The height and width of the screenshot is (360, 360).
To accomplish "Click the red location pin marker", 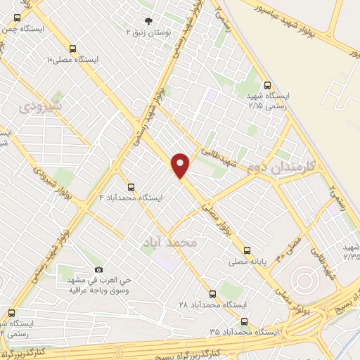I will pos(181,165).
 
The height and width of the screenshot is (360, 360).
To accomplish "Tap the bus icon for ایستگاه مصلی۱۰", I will pos(74,49).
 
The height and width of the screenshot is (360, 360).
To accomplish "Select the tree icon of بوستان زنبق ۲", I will pos(148,21).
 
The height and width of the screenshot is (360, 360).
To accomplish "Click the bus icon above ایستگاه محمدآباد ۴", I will pos(131,186).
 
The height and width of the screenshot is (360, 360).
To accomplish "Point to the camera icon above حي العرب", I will pos(98,269).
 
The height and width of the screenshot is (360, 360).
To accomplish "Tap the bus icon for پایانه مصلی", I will pos(247,250).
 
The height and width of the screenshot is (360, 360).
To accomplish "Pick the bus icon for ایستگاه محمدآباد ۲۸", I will pos(213,294).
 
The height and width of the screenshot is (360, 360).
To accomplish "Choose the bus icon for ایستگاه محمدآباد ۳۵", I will pos(244,321).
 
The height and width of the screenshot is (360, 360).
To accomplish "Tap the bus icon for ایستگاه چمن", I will pos(17,18).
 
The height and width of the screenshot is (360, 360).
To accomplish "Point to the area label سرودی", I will pos(40,108).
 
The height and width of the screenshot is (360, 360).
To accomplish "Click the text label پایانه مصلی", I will pos(247,263).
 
